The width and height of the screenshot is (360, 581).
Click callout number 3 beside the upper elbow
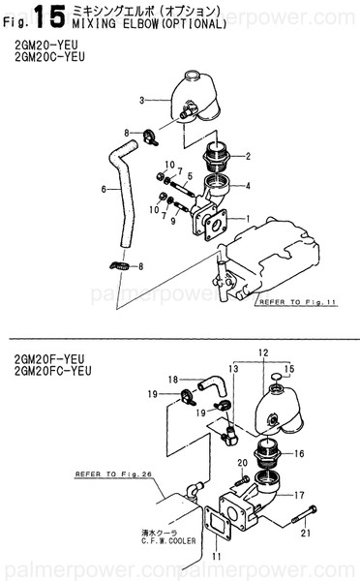coord(141,100)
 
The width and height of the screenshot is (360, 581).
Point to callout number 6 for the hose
coord(104,189)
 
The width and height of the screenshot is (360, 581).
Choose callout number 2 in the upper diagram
coord(248,156)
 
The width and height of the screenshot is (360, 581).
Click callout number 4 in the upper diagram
coord(248,185)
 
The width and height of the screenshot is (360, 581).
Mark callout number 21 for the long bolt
coord(306,532)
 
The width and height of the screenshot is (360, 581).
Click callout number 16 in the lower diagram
coord(300,452)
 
